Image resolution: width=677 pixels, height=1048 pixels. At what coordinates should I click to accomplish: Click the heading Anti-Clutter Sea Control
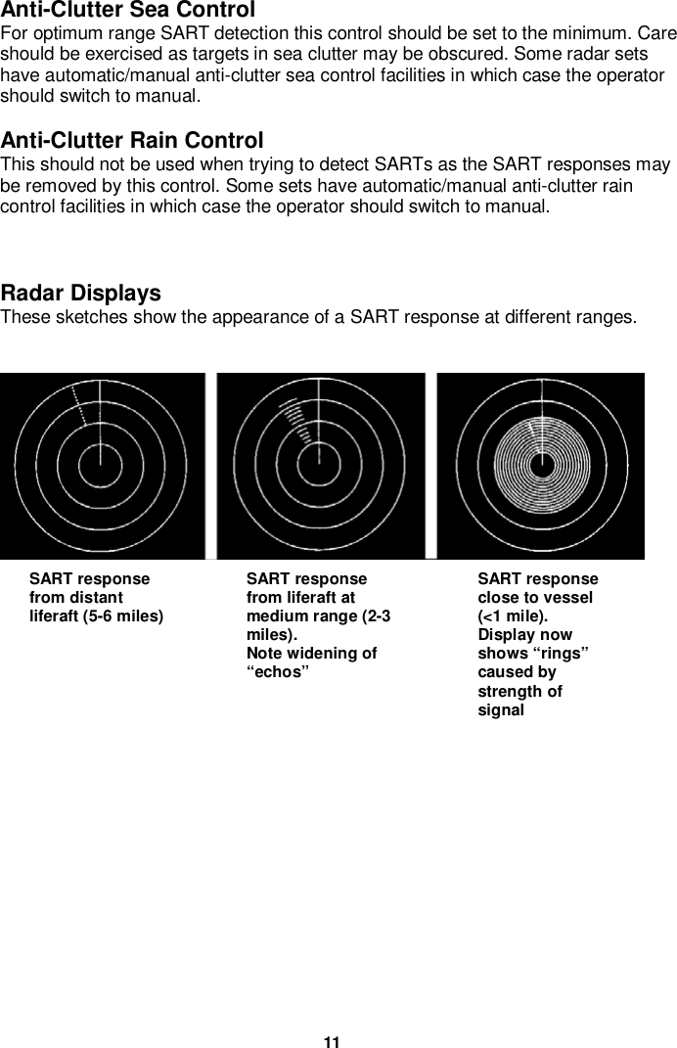point(128,11)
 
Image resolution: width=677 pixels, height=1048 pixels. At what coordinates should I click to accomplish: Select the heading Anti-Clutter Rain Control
point(132,141)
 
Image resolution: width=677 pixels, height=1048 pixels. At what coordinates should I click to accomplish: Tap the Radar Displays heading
point(81,294)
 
